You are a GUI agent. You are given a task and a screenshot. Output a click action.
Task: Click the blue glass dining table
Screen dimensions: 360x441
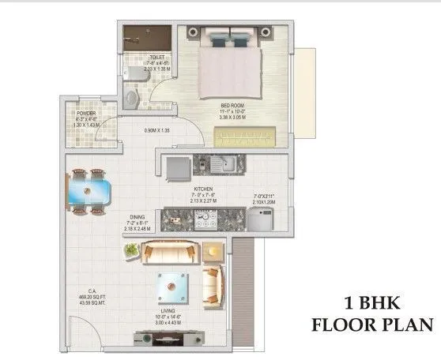click(86, 191)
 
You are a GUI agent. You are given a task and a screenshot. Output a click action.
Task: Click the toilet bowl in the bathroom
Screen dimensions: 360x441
click(133, 96)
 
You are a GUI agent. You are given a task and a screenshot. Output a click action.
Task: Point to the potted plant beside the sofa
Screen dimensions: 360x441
click(131, 252)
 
